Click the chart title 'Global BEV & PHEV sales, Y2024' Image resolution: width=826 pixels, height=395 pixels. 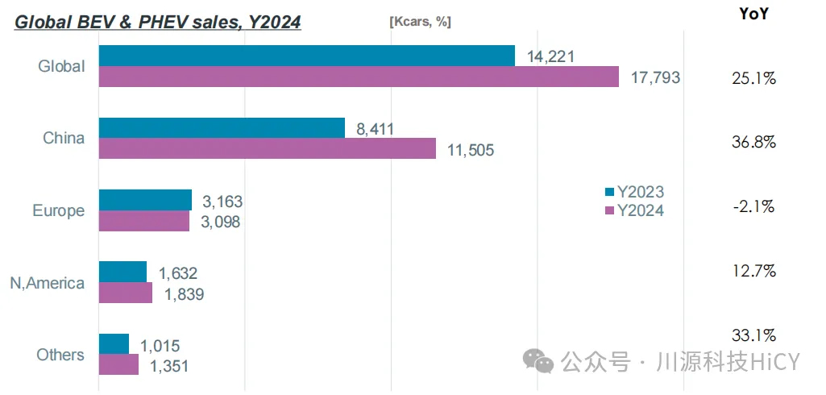pyautogui.click(x=158, y=22)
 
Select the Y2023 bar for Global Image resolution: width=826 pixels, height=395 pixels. pyautogui.click(x=306, y=56)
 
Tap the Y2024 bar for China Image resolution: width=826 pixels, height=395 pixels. pyautogui.click(x=267, y=148)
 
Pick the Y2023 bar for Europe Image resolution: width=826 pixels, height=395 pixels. pyautogui.click(x=145, y=200)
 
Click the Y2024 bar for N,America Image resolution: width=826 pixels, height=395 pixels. pyautogui.click(x=125, y=293)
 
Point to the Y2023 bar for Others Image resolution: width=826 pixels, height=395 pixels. pyautogui.click(x=114, y=344)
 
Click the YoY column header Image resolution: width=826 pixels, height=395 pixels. pyautogui.click(x=753, y=14)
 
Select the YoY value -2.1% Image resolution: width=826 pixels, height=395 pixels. pyautogui.click(x=753, y=206)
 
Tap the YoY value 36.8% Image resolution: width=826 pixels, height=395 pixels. pyautogui.click(x=753, y=143)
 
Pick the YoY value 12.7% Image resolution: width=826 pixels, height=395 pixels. pyautogui.click(x=753, y=271)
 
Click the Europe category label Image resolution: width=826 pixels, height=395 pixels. pyautogui.click(x=58, y=211)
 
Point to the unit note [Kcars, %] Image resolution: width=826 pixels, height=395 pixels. pyautogui.click(x=420, y=22)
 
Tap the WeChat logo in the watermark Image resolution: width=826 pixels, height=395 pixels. pyautogui.click(x=538, y=360)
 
